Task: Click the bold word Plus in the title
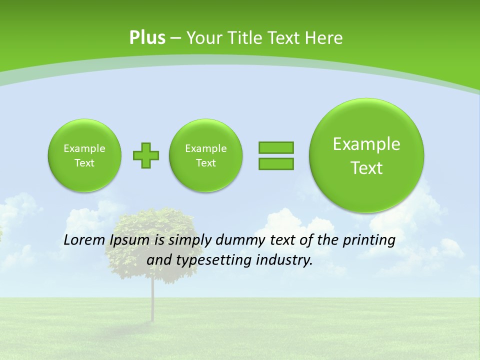coord(147,38)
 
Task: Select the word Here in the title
coord(324,38)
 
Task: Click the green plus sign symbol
coord(146,155)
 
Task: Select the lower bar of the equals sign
coord(275,163)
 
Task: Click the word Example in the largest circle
coord(366,144)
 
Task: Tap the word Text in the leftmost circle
coord(84,163)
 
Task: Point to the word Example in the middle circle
coord(205,148)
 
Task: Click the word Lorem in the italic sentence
coord(84,240)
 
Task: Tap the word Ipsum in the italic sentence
coord(129,240)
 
